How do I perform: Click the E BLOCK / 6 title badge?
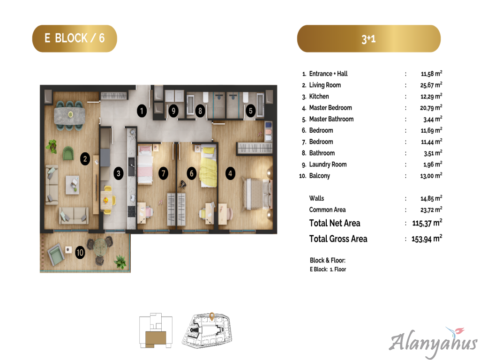[x=75, y=38]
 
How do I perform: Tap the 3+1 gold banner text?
[x=368, y=39]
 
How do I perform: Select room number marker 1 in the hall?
[x=142, y=111]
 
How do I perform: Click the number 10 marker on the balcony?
[x=80, y=252]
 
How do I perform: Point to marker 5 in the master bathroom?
[x=250, y=111]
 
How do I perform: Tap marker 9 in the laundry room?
[x=173, y=111]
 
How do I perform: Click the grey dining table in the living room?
[x=69, y=115]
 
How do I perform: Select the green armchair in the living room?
[x=68, y=153]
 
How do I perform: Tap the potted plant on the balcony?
[x=120, y=262]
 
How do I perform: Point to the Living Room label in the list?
[x=325, y=85]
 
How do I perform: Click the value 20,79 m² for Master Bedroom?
[x=431, y=107]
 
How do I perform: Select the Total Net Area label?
[x=335, y=223]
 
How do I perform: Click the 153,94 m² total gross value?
[x=427, y=239]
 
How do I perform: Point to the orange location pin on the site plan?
[x=212, y=316]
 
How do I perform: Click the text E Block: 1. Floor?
[x=328, y=270]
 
